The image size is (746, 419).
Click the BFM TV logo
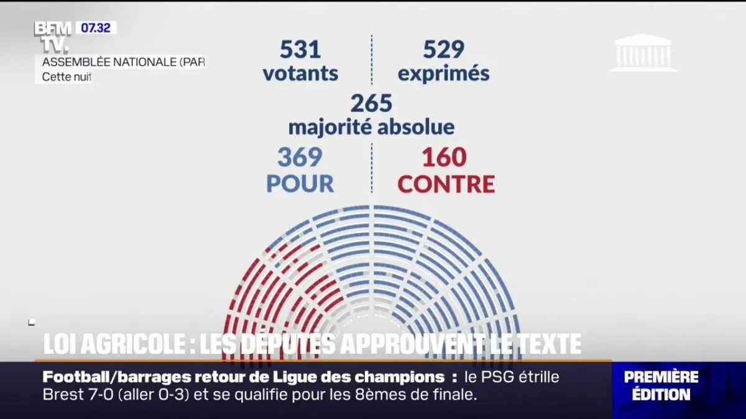(52, 37)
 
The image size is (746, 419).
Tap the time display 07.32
(96, 28)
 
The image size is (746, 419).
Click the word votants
(300, 74)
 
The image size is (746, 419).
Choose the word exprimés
(443, 74)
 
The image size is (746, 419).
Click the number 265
(371, 103)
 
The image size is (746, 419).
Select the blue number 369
(300, 158)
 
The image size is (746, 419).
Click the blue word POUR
(300, 184)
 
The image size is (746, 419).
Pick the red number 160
(444, 158)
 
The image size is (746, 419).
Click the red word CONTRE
(446, 184)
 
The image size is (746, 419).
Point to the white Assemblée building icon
(643, 53)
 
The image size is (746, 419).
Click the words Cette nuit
(67, 78)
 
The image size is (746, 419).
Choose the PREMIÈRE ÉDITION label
(661, 385)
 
